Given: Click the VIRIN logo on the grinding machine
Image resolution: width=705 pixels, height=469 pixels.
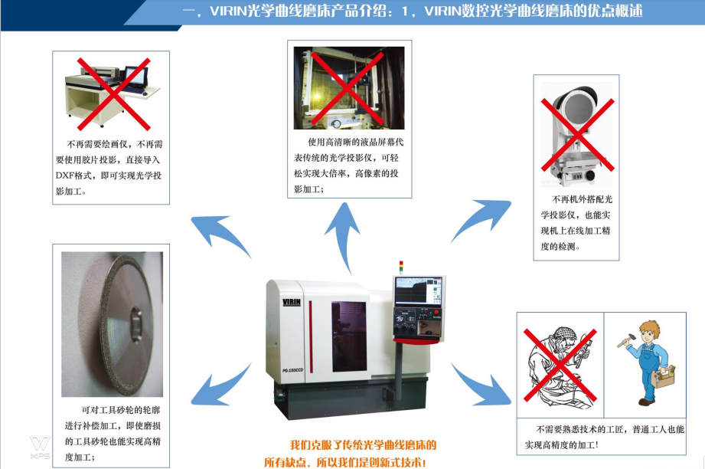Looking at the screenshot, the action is pos(292,302).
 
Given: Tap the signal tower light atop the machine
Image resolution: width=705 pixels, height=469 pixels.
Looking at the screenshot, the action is pos(401,267).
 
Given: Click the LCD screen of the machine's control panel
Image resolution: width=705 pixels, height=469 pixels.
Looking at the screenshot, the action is pos(418,290).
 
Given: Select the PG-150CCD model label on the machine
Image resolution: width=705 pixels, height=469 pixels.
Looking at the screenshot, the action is pos(292,370).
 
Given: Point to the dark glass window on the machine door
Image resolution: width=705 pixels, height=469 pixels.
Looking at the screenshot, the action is pos(349,336).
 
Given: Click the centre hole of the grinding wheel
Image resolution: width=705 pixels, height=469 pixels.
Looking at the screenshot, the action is pos(135,323).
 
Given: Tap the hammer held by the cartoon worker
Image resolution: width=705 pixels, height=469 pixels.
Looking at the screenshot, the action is pos(625,340).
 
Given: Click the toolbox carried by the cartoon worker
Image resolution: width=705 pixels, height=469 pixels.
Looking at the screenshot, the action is pos(663,376).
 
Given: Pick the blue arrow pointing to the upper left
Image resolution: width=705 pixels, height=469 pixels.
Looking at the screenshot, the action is pos(220,235).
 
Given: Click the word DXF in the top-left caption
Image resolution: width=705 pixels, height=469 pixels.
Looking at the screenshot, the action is pos(64,175).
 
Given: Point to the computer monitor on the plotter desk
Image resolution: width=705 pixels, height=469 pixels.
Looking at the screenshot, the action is pos(135,77).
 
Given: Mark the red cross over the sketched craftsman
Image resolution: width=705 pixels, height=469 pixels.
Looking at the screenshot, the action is pos(560,365).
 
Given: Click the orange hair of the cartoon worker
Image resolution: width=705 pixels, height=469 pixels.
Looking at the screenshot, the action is pos(649,329).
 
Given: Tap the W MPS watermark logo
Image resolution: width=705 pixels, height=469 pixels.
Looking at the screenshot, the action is pos(40,447).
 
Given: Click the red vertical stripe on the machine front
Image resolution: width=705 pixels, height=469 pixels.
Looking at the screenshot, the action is pos(310,336).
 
